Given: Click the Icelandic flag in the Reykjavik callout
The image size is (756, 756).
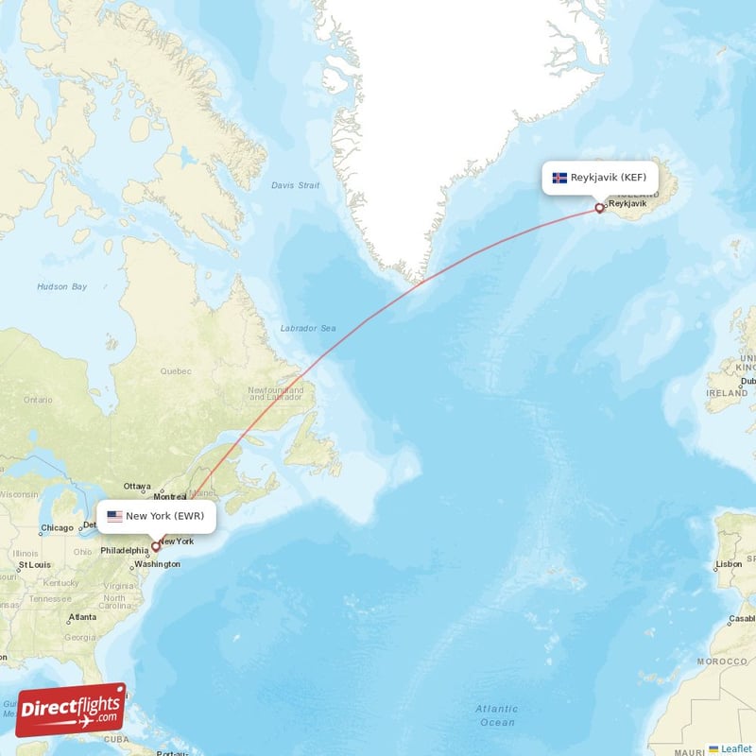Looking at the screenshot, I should (x=559, y=178).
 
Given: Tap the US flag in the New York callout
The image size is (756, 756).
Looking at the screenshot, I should (x=114, y=517).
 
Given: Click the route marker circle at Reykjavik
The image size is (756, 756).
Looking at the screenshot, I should (x=599, y=209).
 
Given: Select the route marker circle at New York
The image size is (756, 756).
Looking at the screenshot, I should (x=156, y=546).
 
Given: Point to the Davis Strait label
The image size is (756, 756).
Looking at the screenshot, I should (x=295, y=185).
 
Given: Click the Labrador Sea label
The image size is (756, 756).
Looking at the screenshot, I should (x=307, y=328).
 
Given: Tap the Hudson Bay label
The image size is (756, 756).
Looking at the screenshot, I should (x=61, y=286).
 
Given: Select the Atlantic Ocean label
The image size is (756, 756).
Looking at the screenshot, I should (x=496, y=715).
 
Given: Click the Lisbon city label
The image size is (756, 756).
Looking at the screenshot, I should (x=729, y=563).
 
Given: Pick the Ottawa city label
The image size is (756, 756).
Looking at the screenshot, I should (x=137, y=486).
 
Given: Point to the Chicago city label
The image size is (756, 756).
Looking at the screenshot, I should (x=57, y=528).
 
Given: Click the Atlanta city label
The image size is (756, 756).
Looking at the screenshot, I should (x=81, y=617).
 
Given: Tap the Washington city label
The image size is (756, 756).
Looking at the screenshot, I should (x=157, y=564).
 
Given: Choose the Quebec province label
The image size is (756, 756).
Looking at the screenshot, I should (x=176, y=371).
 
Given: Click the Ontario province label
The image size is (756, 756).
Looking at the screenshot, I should (x=38, y=400).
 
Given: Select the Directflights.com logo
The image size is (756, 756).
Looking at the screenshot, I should (x=70, y=709).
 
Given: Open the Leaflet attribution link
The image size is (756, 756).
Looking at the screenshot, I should (x=735, y=748).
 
